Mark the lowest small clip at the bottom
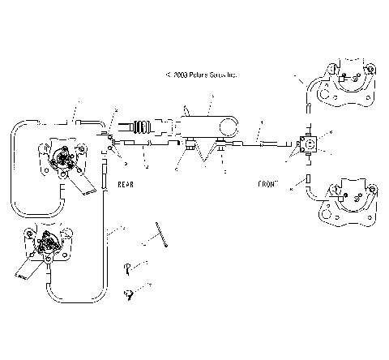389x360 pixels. coord(127,294)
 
